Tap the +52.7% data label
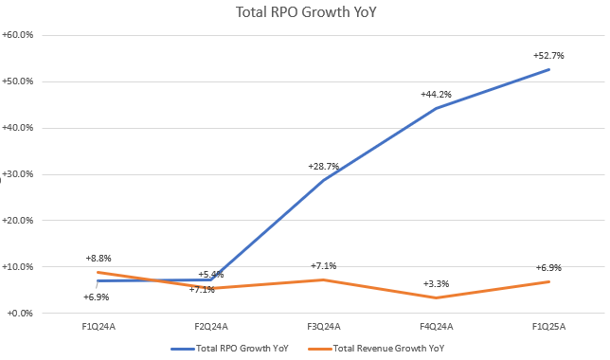point(547,56)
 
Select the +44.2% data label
point(435,95)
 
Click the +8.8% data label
point(99,258)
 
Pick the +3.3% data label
point(435,283)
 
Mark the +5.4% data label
point(210,275)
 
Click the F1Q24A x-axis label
point(98,327)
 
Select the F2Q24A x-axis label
point(210,327)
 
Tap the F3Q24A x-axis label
point(322,327)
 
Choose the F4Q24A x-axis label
point(435,327)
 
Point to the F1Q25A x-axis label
point(547,327)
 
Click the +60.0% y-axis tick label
point(20,35)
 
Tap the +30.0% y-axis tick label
point(20,174)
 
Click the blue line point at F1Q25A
point(547,69)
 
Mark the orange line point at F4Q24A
point(435,297)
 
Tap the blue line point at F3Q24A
point(322,180)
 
